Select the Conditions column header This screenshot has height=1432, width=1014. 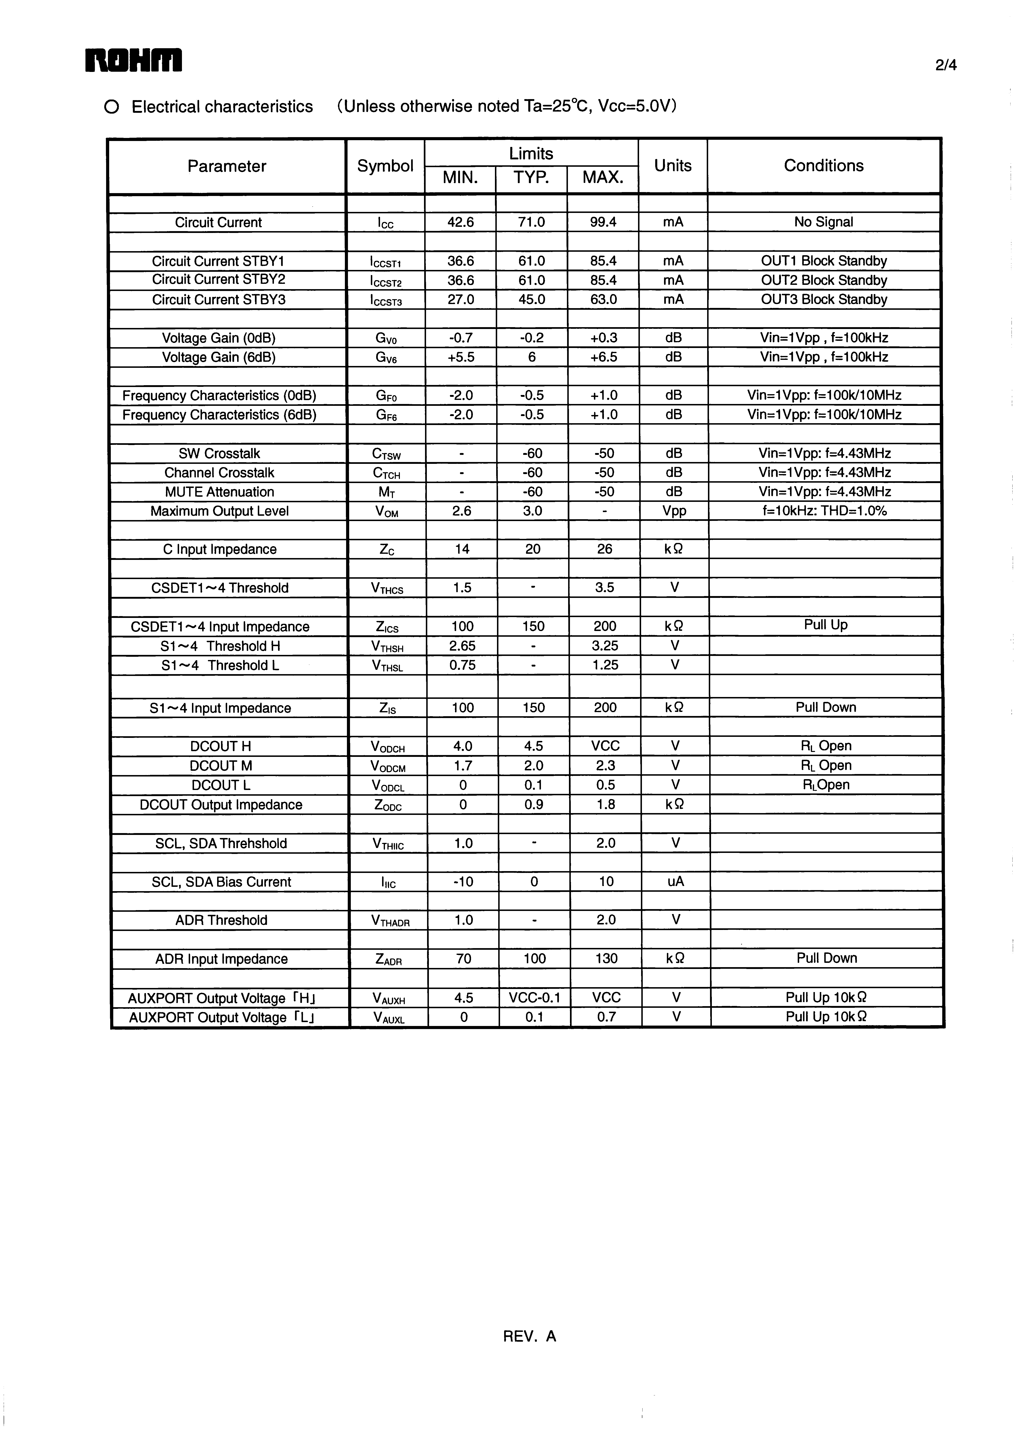[x=823, y=165]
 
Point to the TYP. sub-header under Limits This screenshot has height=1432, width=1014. [x=531, y=178]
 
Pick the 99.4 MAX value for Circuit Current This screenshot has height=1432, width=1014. [x=603, y=222]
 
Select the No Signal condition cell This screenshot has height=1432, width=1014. [x=823, y=222]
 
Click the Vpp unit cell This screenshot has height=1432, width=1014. [x=674, y=511]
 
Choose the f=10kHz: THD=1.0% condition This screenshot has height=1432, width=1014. [x=824, y=511]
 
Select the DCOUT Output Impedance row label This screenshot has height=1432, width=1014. [x=221, y=805]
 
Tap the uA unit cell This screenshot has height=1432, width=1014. [x=676, y=882]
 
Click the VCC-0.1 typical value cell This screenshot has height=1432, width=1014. [x=534, y=998]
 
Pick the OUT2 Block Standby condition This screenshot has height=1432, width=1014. [x=823, y=280]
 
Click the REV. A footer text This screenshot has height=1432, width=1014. [x=529, y=1336]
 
